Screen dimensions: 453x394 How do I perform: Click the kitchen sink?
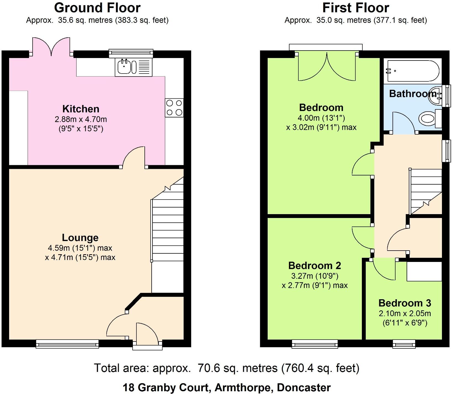133,67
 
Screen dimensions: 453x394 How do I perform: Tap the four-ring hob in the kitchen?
174,108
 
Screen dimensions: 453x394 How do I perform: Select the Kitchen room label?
81,109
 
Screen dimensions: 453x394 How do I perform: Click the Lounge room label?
80,238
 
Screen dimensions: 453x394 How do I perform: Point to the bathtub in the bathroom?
413,71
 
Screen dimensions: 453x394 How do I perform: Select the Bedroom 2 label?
315,266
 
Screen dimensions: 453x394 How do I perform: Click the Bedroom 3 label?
405,303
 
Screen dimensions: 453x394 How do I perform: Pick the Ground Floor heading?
97,8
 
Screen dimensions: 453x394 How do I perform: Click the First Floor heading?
356,8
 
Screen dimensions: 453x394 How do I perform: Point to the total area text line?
227,368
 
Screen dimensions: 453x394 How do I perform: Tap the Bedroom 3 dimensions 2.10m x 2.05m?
405,313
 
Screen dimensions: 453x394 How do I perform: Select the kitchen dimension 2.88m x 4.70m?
81,119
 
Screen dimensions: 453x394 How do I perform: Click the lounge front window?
67,343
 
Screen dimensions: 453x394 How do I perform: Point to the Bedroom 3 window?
404,343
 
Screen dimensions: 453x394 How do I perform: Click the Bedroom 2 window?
315,343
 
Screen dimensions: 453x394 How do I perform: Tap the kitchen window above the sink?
131,53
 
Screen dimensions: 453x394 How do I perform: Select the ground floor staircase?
168,235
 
